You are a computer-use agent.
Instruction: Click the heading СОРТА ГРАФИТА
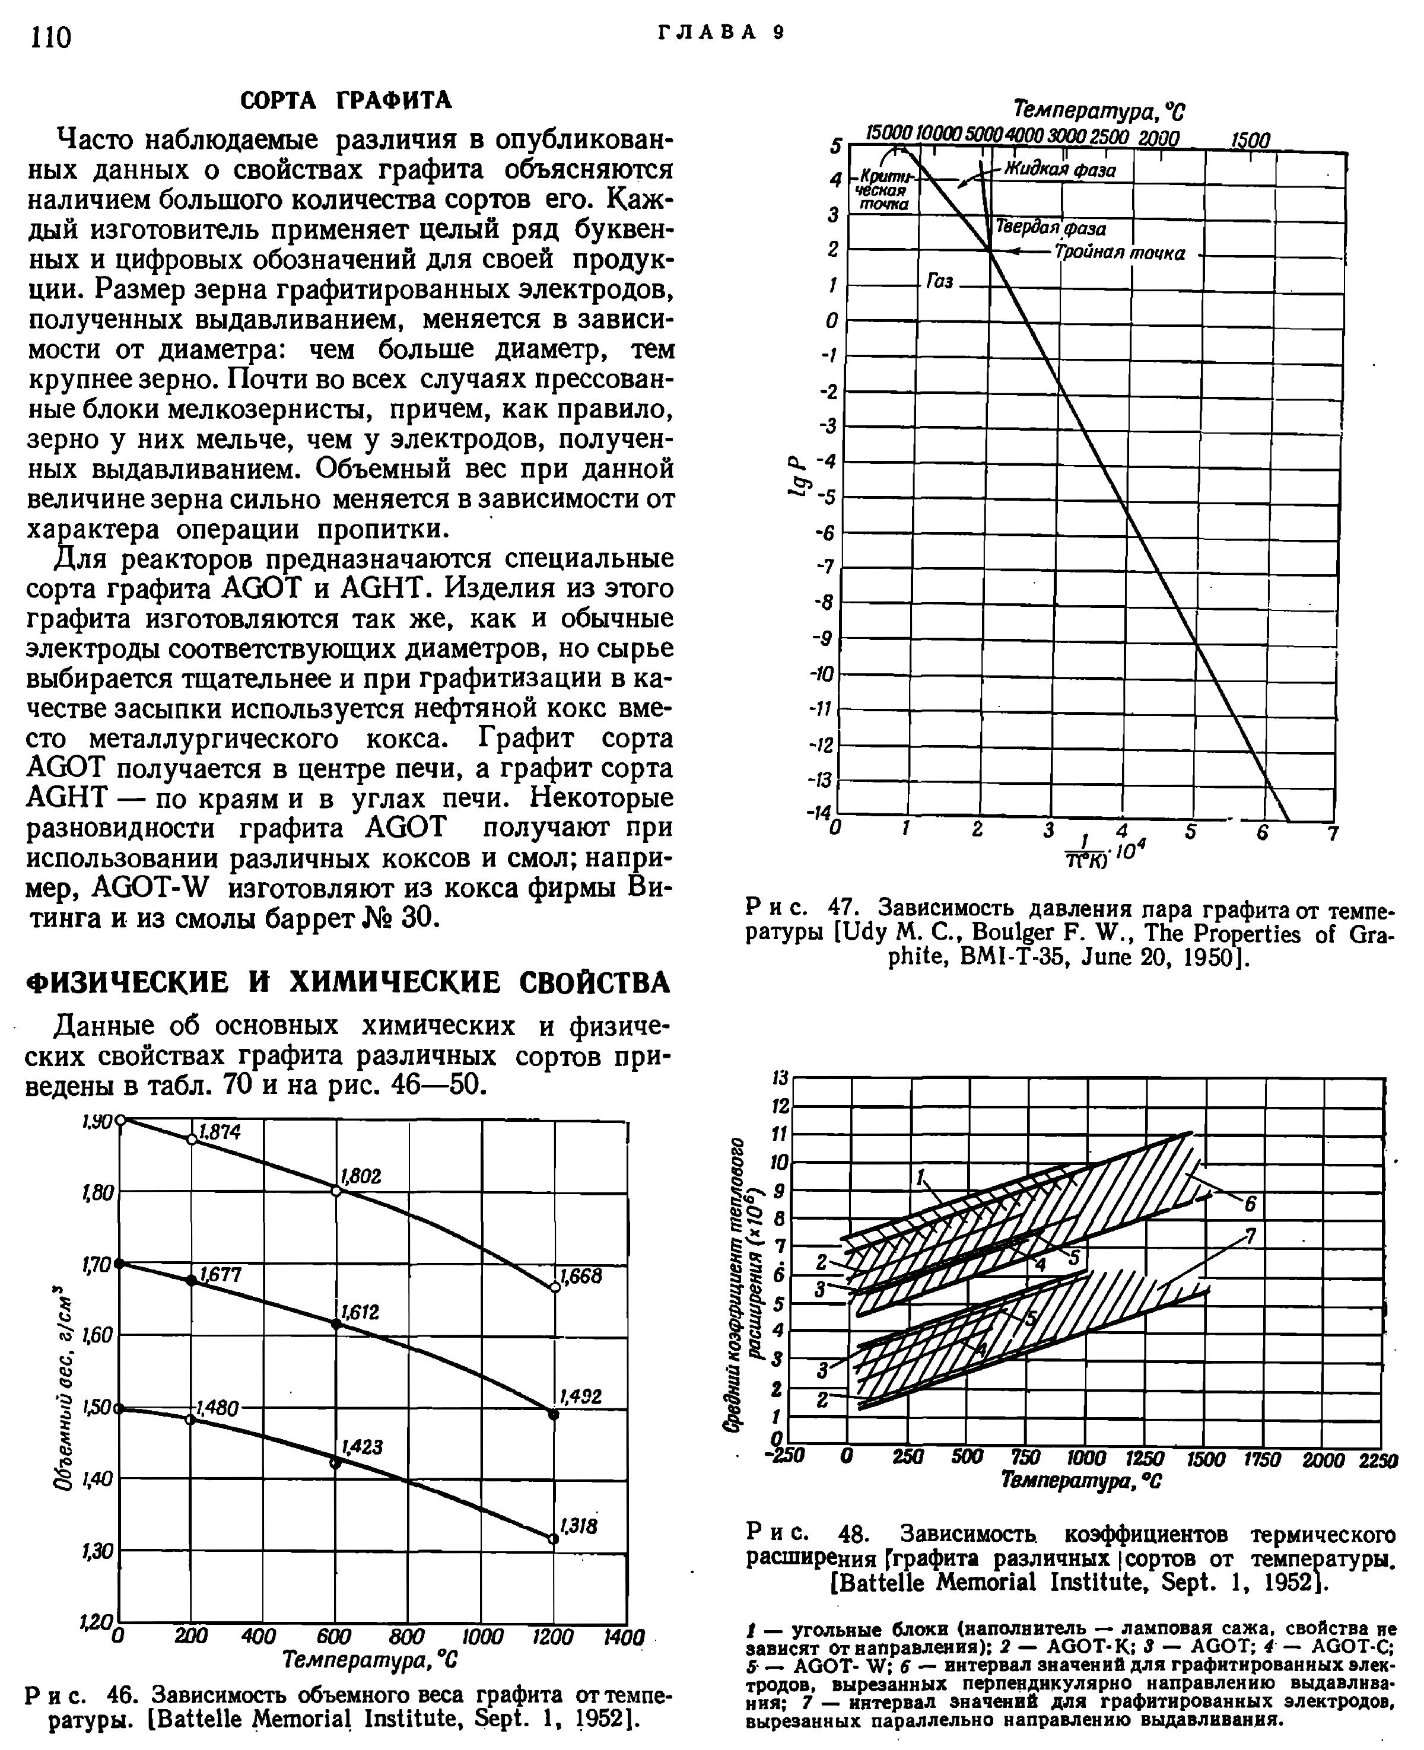coord(345,100)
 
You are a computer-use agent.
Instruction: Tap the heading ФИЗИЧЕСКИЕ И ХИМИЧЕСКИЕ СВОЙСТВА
coord(349,982)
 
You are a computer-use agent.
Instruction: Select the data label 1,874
coord(219,1132)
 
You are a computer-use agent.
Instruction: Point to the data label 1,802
coord(360,1176)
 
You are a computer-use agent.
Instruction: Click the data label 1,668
coord(581,1276)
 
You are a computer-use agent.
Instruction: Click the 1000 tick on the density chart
coord(482,1637)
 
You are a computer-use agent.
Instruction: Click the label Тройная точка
coord(1120,253)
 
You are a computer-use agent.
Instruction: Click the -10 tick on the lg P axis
coord(823,674)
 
